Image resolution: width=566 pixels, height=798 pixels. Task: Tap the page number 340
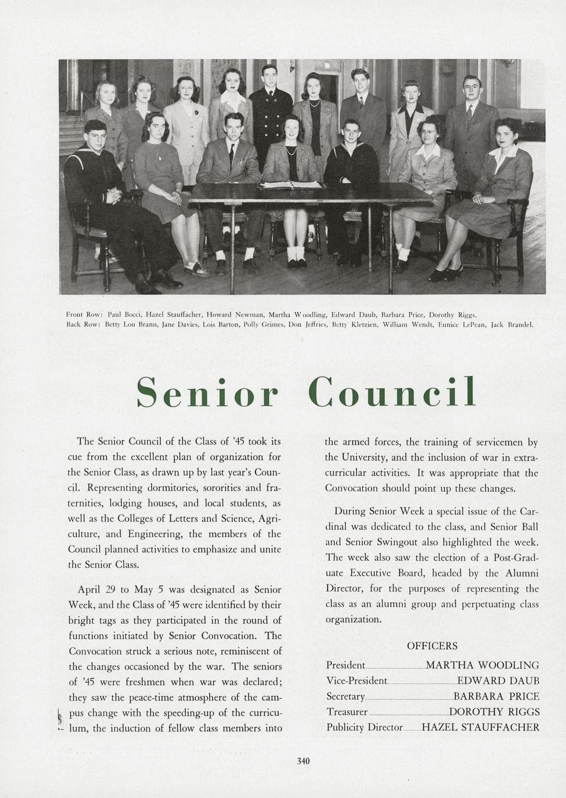coord(303,761)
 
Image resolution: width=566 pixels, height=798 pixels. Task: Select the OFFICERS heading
coord(432,646)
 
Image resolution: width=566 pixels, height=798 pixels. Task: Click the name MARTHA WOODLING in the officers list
coord(482,665)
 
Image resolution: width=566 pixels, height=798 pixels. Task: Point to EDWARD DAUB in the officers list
coord(498,681)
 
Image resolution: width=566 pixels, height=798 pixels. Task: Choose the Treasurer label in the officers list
coord(347,712)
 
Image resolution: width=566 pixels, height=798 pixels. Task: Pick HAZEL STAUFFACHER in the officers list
coord(480,727)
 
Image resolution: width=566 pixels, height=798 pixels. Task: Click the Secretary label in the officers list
coord(346,697)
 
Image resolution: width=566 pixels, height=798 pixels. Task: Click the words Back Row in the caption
coord(84,325)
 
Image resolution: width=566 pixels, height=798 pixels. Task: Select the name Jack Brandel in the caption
coord(512,325)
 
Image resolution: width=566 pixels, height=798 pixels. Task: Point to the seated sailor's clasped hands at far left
coord(113,194)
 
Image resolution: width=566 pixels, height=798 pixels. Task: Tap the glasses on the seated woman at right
coord(429,133)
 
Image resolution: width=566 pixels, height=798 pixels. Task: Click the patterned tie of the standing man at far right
coord(469,111)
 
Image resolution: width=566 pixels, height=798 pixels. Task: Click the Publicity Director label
coord(364,727)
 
